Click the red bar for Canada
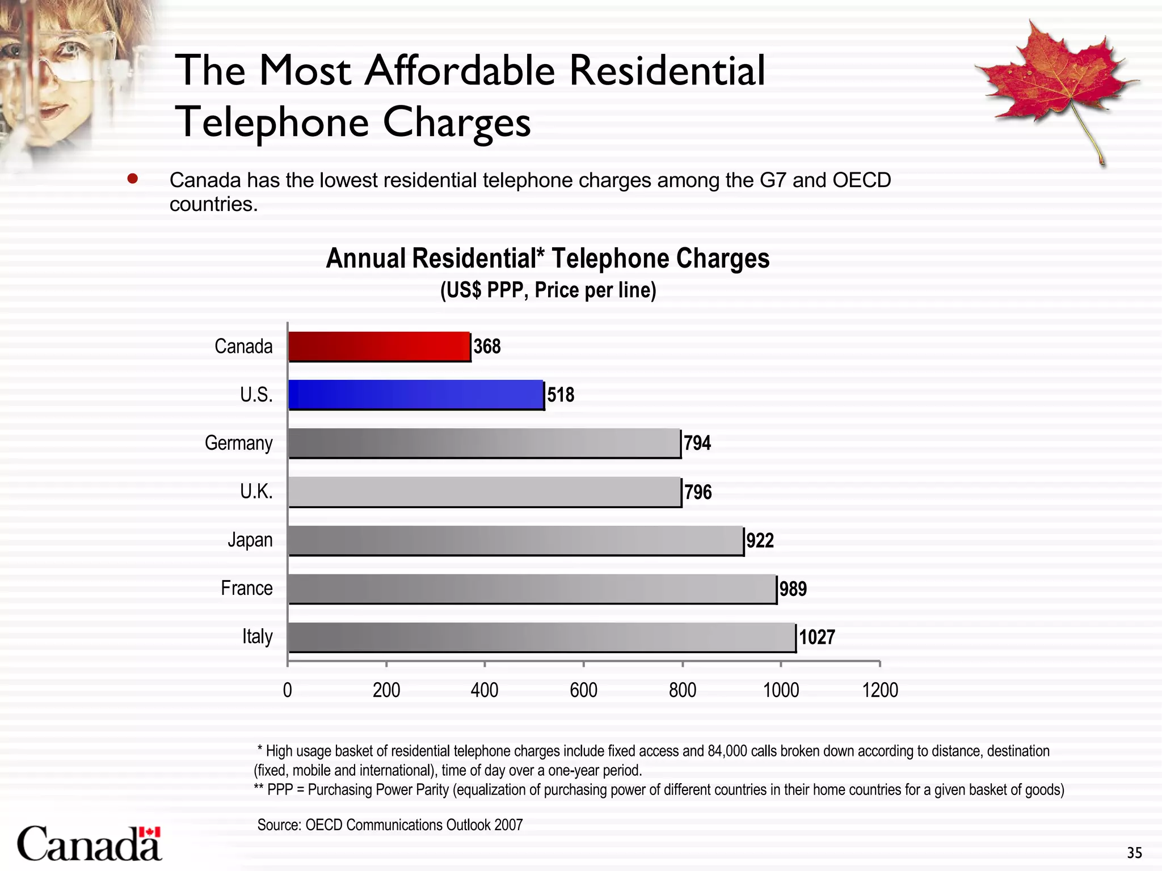click(x=379, y=346)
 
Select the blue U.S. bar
click(x=416, y=394)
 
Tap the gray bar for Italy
click(x=542, y=637)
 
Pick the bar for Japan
click(x=516, y=540)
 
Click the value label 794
click(x=697, y=443)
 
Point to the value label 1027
click(x=817, y=637)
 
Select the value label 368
click(x=487, y=346)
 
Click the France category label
click(x=246, y=588)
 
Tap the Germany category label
click(x=238, y=443)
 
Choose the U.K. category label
click(x=256, y=492)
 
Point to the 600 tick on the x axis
click(x=583, y=690)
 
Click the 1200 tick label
click(x=880, y=690)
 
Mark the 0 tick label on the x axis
click(x=288, y=690)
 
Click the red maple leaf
click(x=1055, y=79)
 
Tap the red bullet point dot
click(x=133, y=179)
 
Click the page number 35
click(x=1134, y=853)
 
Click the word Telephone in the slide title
click(x=272, y=122)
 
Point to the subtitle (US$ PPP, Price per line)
click(x=548, y=290)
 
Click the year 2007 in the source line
click(x=508, y=825)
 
